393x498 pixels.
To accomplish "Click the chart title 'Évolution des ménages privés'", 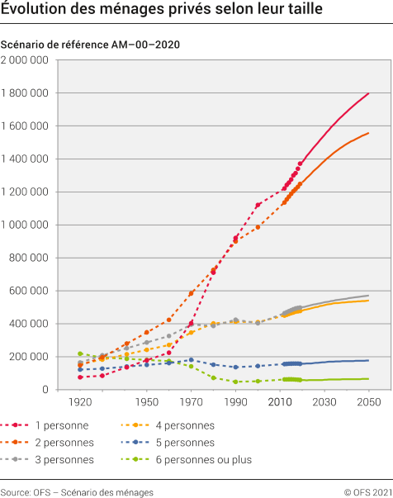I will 161,11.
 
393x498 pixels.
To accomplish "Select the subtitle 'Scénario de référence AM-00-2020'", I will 91,44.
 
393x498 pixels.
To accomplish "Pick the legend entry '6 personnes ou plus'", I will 202,459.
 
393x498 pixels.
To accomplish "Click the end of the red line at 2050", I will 368,93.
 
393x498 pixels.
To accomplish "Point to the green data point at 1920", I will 80,353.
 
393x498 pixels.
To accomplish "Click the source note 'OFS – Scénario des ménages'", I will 77,491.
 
